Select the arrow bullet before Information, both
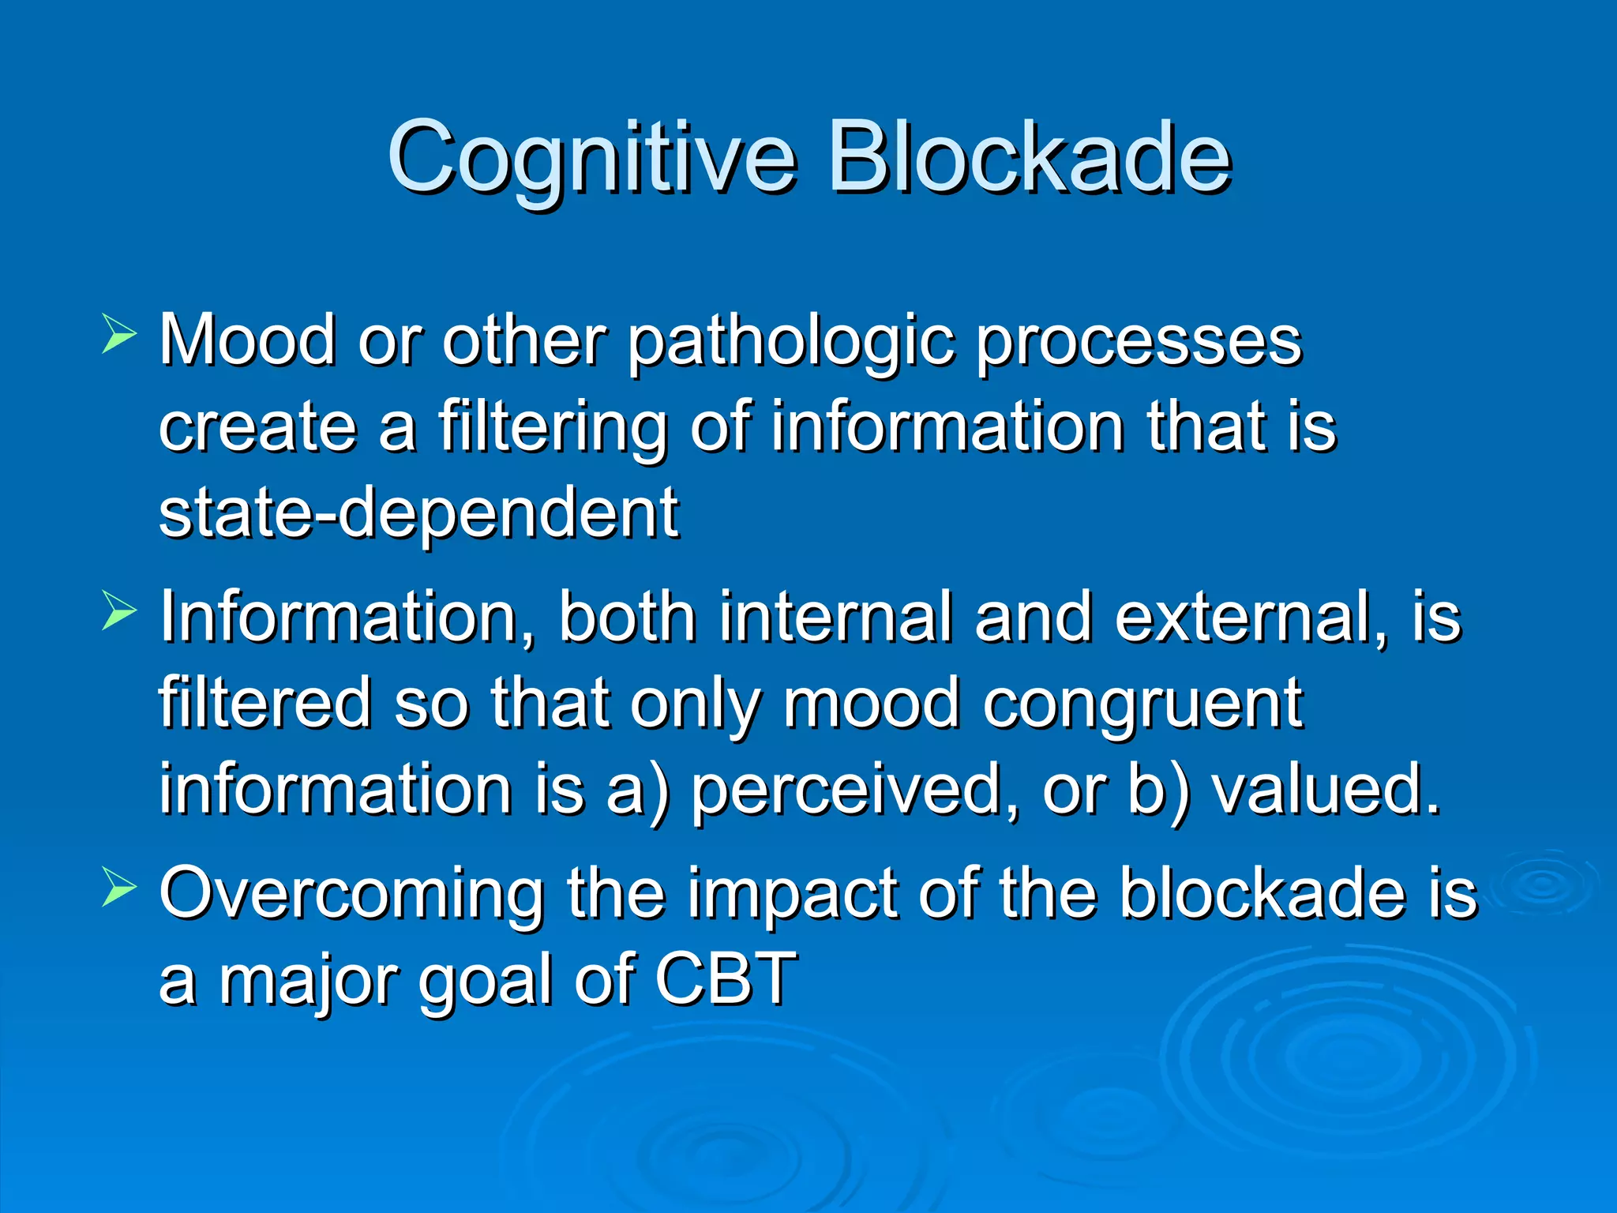119,612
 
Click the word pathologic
790,344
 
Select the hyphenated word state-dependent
418,514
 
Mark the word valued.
1326,790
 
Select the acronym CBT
726,980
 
